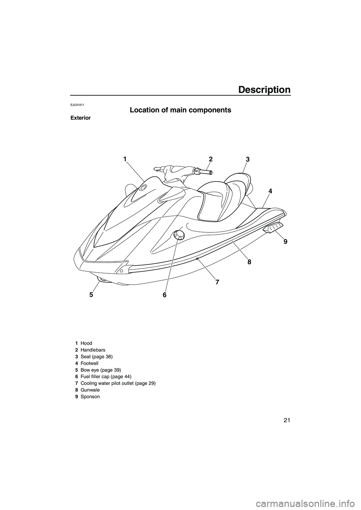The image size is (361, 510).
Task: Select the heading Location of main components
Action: point(180,110)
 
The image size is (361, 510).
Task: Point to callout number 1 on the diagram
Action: point(124,159)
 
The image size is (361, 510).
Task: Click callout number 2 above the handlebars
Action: point(211,159)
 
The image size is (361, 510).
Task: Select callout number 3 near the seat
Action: point(247,159)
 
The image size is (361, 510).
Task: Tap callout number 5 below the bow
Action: point(91,295)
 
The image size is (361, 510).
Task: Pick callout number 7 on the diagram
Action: point(217,282)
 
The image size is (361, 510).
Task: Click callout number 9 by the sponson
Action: point(285,242)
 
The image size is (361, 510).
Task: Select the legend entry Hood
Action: point(86,343)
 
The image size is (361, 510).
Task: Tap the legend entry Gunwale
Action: point(89,390)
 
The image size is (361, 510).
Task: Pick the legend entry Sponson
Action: point(90,397)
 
